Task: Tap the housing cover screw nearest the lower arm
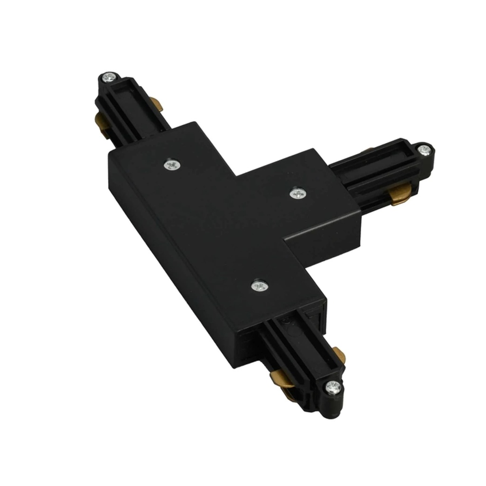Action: pyautogui.click(x=259, y=285)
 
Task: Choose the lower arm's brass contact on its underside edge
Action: pyautogui.click(x=281, y=378)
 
